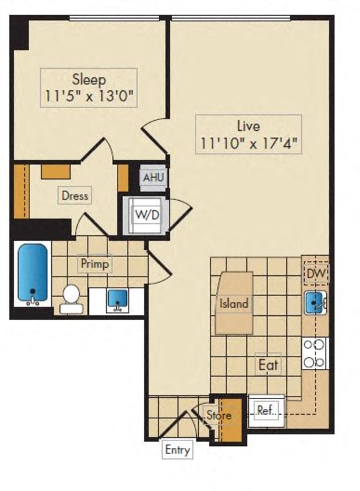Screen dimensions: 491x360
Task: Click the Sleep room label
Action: (88, 80)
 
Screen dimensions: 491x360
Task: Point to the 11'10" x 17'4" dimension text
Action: (247, 143)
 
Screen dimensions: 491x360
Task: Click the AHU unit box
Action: (152, 178)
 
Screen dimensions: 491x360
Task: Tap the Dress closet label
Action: (74, 195)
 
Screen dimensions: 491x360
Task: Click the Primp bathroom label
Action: (94, 264)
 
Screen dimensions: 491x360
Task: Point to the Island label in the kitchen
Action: (234, 304)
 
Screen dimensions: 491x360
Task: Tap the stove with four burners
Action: (314, 353)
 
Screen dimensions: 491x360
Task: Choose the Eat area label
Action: (268, 365)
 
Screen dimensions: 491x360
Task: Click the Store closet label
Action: (219, 415)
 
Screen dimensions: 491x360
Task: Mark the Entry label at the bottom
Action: (177, 449)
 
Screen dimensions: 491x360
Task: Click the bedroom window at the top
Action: (116, 18)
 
